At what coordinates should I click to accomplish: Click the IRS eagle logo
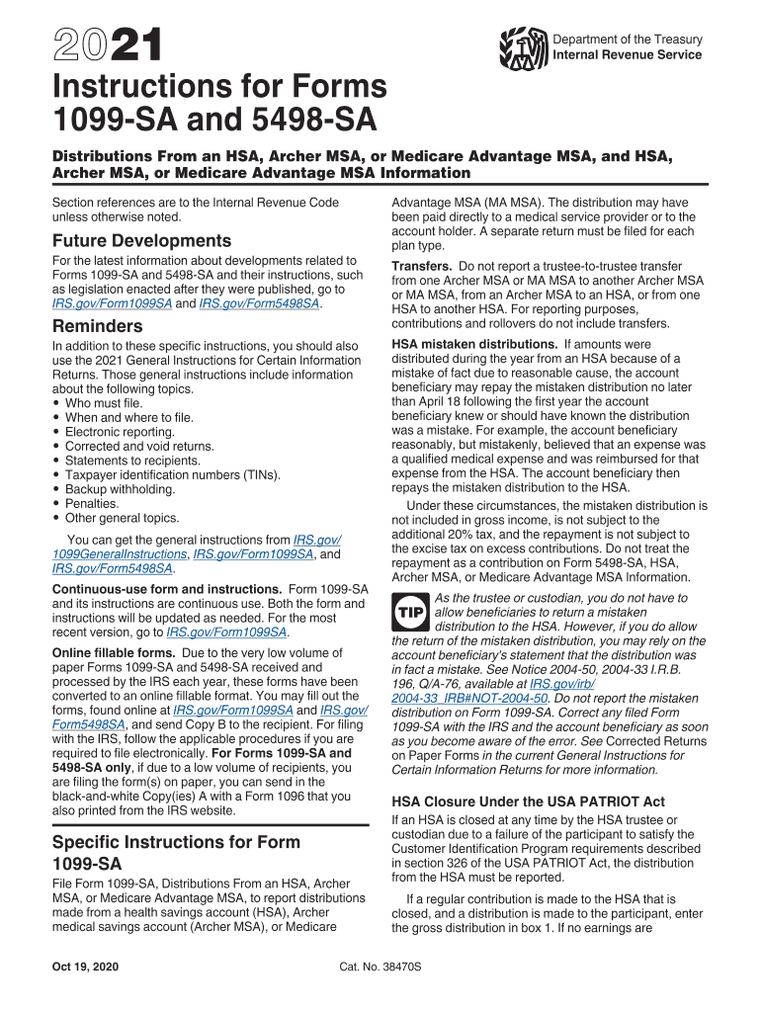click(523, 46)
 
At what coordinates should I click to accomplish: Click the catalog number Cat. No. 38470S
click(380, 965)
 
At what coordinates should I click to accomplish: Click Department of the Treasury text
click(628, 40)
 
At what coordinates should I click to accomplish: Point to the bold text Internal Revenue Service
click(628, 55)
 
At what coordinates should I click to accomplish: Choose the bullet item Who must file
click(104, 403)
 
